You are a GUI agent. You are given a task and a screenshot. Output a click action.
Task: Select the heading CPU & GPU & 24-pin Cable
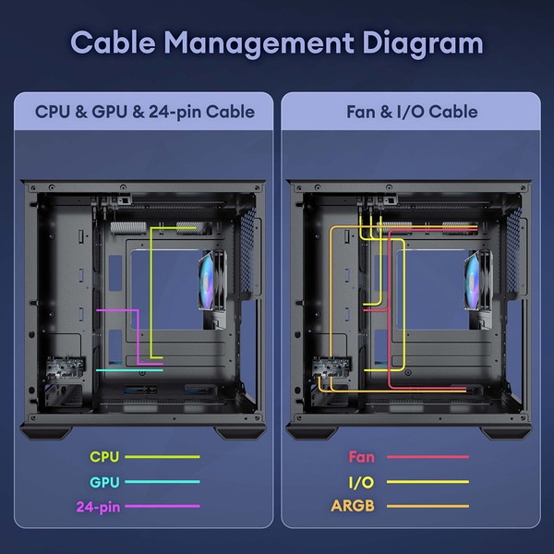[x=145, y=112]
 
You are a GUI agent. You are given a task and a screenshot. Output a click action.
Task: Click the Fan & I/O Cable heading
[x=412, y=112]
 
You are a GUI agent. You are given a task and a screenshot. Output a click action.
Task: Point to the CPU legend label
[x=103, y=457]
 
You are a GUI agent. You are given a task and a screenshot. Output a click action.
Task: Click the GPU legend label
[x=104, y=482]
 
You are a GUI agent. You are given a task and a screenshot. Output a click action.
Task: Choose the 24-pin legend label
[x=98, y=507]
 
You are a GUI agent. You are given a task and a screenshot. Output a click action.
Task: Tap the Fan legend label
[x=361, y=457]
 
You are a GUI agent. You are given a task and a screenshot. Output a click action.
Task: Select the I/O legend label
[x=361, y=482]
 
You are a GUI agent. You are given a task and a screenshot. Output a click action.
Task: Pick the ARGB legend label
[x=353, y=506]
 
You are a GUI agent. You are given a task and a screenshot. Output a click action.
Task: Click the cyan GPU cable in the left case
[x=129, y=370]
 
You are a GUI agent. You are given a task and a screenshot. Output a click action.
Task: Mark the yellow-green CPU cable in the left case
[x=151, y=294]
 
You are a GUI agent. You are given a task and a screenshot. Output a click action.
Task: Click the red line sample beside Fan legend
[x=428, y=457]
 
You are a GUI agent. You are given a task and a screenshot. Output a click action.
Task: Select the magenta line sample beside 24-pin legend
[x=163, y=506]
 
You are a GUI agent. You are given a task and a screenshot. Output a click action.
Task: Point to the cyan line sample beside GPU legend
[x=163, y=482]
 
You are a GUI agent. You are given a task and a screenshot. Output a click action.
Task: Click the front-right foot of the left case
[x=240, y=433]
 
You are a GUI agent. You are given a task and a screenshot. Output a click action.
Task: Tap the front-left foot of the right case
[x=311, y=433]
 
